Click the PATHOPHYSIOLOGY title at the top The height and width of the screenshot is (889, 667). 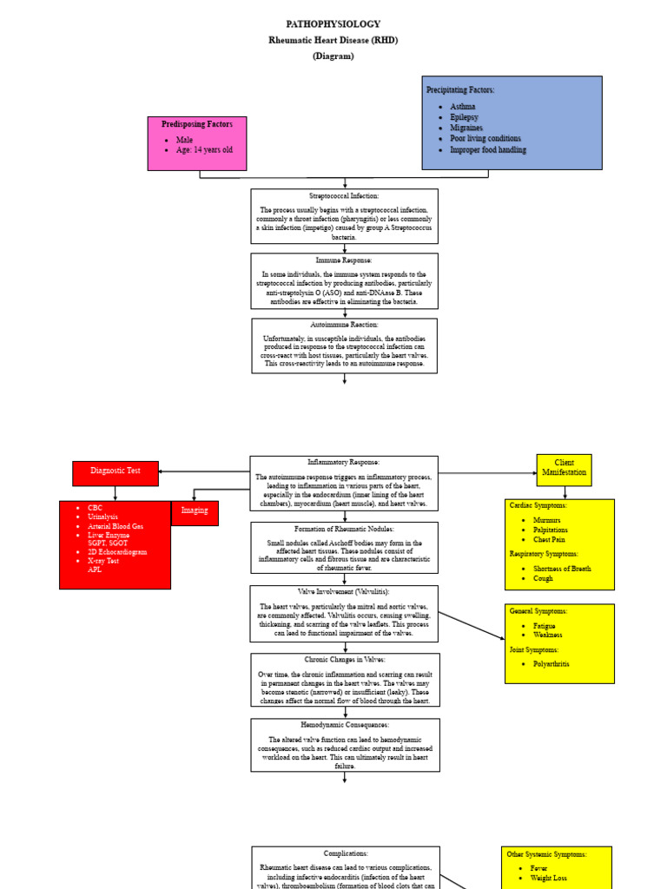(333, 24)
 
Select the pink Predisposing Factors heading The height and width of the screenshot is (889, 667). (197, 125)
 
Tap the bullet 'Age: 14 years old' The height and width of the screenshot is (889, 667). (204, 150)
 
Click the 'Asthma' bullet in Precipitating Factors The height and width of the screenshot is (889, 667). (462, 106)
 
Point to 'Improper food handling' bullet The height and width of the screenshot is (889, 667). (487, 149)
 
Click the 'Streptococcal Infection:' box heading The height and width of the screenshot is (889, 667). (344, 196)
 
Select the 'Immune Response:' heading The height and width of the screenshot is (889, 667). (344, 260)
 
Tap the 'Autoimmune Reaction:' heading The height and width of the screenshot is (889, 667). (344, 325)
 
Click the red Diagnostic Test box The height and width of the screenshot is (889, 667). (116, 471)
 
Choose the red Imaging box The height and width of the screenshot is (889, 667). (195, 511)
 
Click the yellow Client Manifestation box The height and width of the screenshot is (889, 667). (564, 469)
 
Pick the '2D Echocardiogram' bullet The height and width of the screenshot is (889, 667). (117, 551)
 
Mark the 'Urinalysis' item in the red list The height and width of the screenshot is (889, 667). (104, 517)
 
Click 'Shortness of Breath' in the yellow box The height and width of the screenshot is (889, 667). (562, 569)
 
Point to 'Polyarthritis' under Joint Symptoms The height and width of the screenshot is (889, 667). (551, 663)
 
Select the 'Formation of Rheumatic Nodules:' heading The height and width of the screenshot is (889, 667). (344, 529)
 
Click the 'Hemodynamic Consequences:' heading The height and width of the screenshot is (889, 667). (345, 725)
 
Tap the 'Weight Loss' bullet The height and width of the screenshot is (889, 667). (548, 878)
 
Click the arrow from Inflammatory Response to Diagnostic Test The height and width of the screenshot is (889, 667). (204, 471)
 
